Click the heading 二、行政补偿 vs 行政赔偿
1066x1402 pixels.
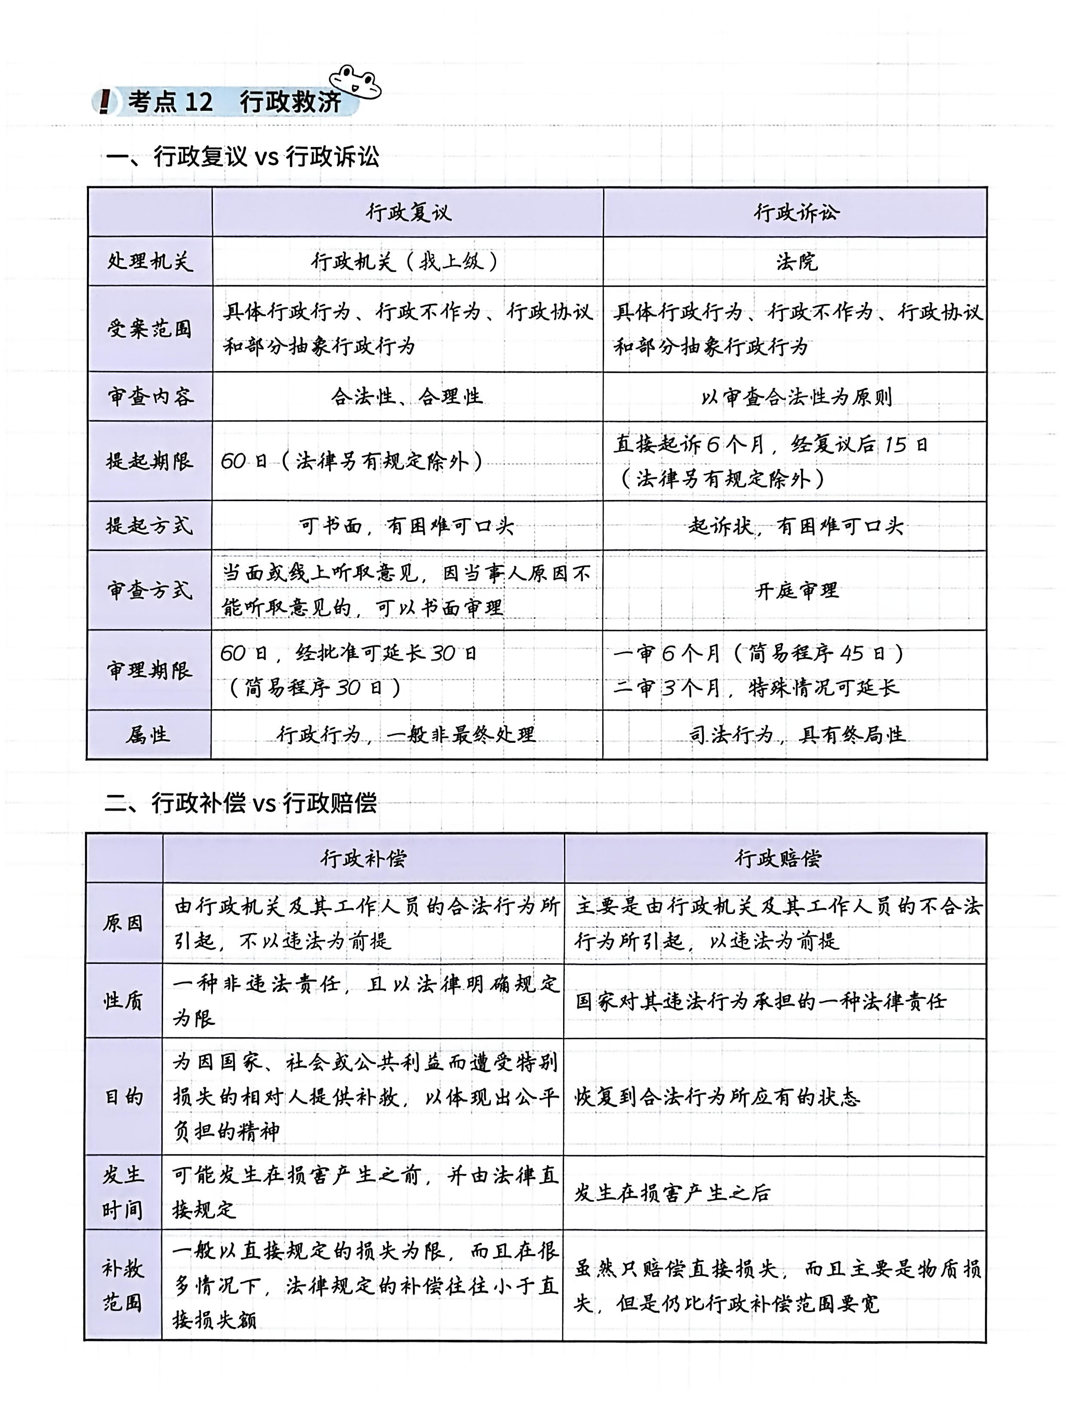[x=240, y=803]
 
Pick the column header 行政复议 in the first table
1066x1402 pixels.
[x=408, y=212]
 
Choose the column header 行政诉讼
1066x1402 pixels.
[x=796, y=212]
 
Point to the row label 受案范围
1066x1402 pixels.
[x=150, y=329]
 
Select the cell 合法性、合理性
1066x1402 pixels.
[x=407, y=397]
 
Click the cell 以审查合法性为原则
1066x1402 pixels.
[x=796, y=397]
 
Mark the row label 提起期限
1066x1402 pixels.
[x=150, y=461]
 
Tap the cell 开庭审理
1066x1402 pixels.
[x=796, y=590]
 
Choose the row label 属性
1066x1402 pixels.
[x=148, y=735]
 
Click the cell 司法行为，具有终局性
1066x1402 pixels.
[x=796, y=735]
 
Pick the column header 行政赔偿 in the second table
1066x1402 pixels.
[x=776, y=858]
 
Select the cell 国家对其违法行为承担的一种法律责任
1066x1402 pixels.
[x=760, y=1001]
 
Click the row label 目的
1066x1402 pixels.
[x=124, y=1097]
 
